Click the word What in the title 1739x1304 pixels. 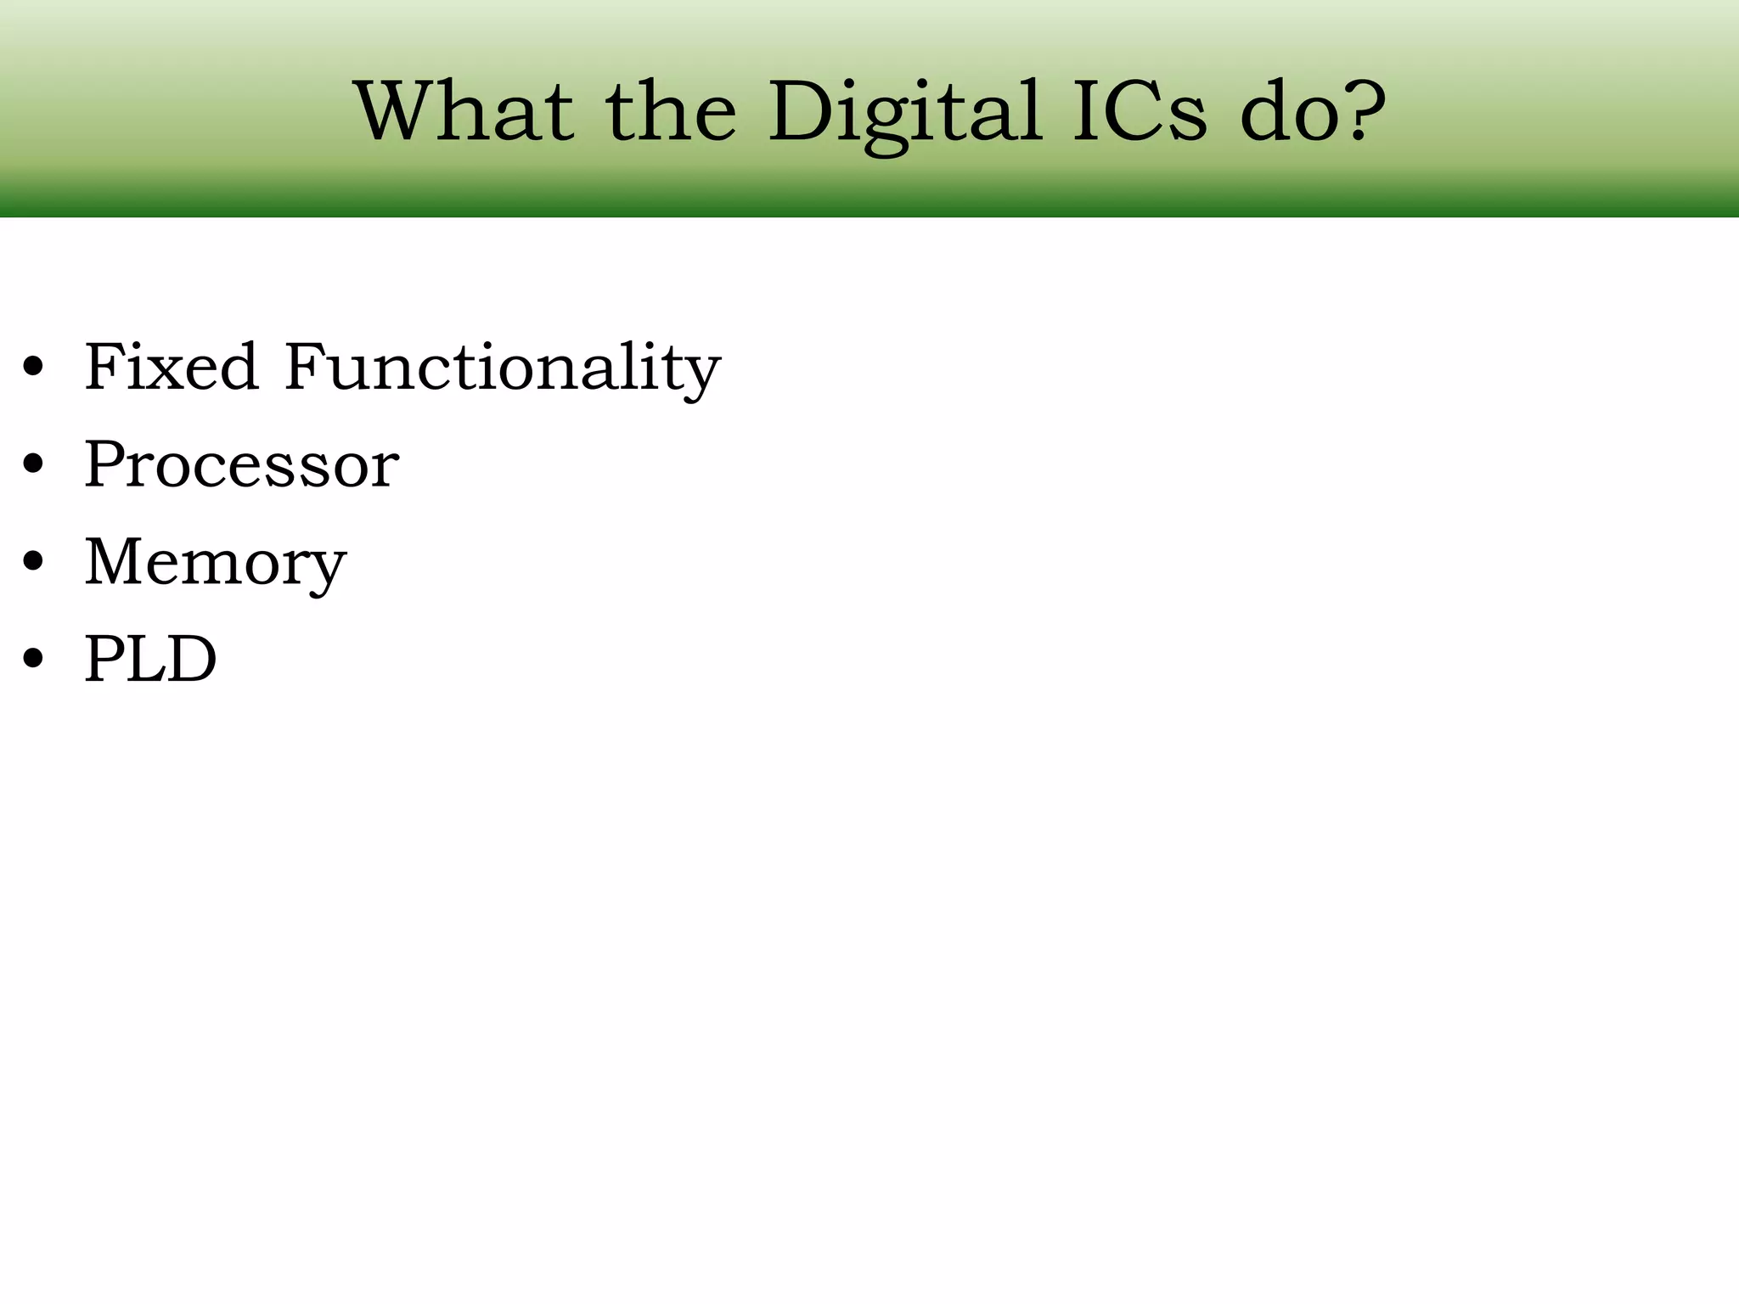[x=464, y=112]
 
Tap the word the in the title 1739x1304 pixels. [x=671, y=112]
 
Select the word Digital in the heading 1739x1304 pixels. [x=905, y=112]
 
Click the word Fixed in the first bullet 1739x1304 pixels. [x=171, y=367]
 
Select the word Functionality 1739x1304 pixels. [x=502, y=368]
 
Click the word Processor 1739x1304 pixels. [x=241, y=465]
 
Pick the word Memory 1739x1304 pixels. [x=215, y=563]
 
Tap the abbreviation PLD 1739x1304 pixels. [x=150, y=659]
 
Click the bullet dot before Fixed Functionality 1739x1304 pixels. [x=33, y=368]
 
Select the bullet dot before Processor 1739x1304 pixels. [x=33, y=465]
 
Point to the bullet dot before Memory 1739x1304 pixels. [x=33, y=562]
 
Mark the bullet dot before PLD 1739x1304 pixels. [x=33, y=659]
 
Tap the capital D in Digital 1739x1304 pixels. [x=803, y=112]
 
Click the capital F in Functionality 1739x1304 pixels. [x=305, y=367]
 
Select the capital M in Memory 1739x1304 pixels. [x=115, y=561]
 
